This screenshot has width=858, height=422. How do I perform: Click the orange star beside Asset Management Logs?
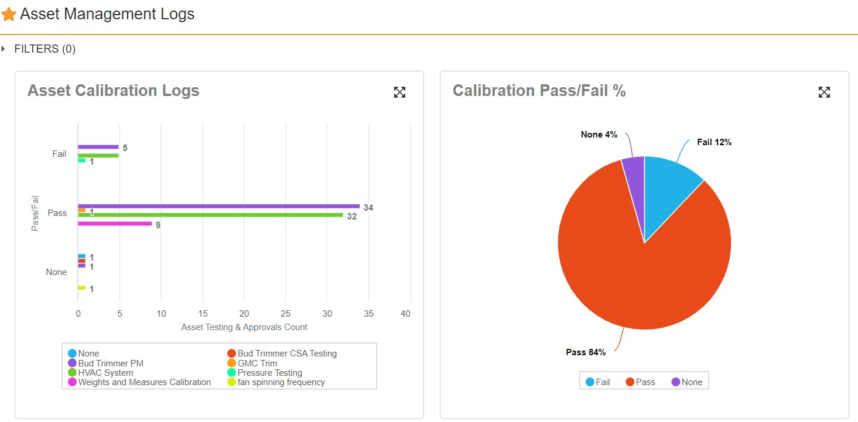click(x=9, y=15)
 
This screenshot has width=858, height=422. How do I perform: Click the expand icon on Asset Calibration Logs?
click(x=399, y=92)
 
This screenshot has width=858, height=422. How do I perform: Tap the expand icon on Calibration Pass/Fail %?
click(x=824, y=92)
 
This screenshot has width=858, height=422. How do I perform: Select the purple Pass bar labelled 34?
click(x=218, y=206)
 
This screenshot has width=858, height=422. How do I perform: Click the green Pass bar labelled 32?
click(x=210, y=215)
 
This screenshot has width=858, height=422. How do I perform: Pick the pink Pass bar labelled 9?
click(x=115, y=224)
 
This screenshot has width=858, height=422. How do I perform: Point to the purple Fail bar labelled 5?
click(x=98, y=147)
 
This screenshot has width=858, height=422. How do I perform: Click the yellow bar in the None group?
click(x=81, y=288)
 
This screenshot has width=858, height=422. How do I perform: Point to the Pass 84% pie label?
click(x=586, y=352)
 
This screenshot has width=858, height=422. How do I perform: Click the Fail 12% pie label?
click(x=714, y=142)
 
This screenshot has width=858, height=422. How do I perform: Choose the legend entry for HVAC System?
click(x=105, y=373)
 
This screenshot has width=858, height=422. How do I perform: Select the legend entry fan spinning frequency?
click(x=281, y=382)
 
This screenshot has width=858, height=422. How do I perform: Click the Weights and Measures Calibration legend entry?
click(x=144, y=382)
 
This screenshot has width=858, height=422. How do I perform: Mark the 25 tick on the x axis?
click(x=286, y=314)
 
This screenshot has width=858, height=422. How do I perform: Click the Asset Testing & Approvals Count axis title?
click(x=244, y=327)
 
